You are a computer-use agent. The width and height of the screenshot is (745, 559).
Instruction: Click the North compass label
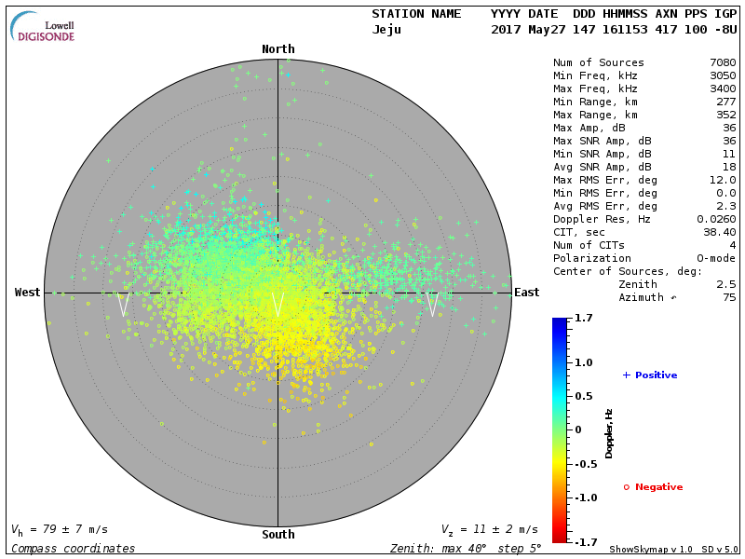(x=278, y=49)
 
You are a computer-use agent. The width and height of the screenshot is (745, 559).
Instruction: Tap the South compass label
(x=278, y=535)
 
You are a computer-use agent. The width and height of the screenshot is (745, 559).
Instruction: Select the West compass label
(x=28, y=293)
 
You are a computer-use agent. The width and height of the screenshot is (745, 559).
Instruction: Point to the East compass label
(x=527, y=293)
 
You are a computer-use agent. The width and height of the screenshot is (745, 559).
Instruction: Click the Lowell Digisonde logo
(x=44, y=27)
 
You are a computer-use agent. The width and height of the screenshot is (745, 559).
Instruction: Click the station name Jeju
(x=387, y=30)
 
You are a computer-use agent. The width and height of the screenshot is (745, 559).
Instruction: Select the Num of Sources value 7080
(x=723, y=63)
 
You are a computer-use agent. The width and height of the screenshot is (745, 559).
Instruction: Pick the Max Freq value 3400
(x=723, y=89)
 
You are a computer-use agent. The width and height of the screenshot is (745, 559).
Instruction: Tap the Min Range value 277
(x=726, y=102)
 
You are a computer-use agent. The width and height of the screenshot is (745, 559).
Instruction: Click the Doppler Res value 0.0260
(x=716, y=219)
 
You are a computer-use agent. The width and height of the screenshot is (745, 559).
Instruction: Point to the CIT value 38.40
(x=720, y=232)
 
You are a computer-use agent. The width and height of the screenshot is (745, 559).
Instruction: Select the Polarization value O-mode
(x=716, y=258)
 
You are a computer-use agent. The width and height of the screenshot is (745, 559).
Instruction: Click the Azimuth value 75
(x=729, y=297)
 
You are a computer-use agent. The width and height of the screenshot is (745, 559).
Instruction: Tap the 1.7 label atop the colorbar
(x=584, y=319)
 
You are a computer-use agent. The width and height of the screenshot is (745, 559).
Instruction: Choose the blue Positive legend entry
(x=650, y=375)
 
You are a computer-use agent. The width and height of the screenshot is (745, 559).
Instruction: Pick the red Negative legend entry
(x=653, y=487)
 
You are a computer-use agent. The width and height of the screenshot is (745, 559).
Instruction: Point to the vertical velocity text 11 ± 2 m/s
(x=490, y=530)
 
